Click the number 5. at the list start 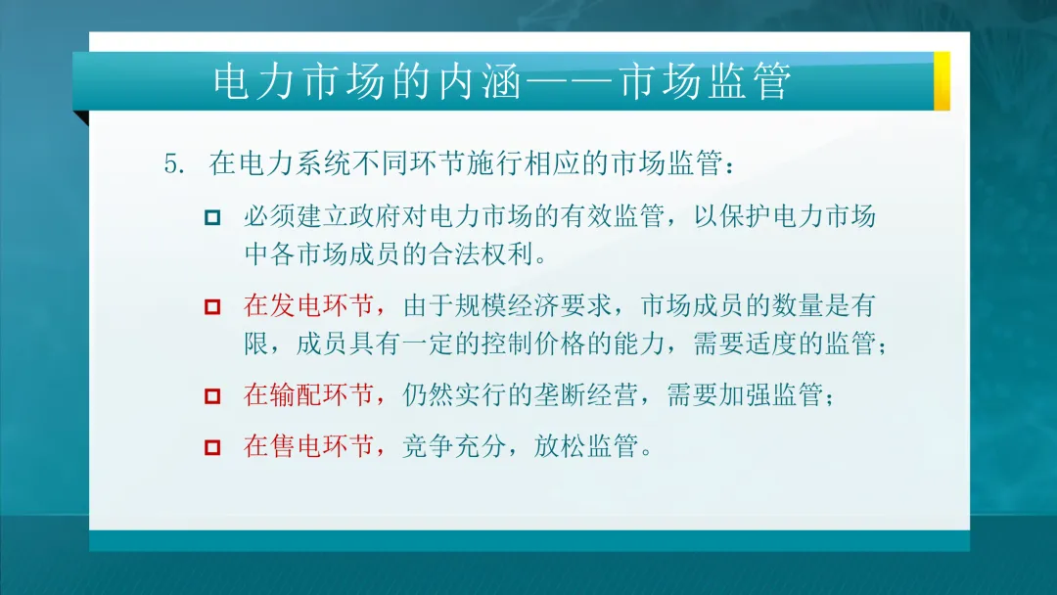[x=176, y=163]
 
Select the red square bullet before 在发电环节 [x=212, y=307]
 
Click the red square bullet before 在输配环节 [x=212, y=396]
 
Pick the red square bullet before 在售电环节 [x=212, y=448]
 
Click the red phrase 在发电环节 [x=308, y=306]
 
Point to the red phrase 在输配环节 [x=308, y=395]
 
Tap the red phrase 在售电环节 [x=308, y=447]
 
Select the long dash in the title [x=568, y=82]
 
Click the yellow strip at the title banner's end [x=942, y=80]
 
